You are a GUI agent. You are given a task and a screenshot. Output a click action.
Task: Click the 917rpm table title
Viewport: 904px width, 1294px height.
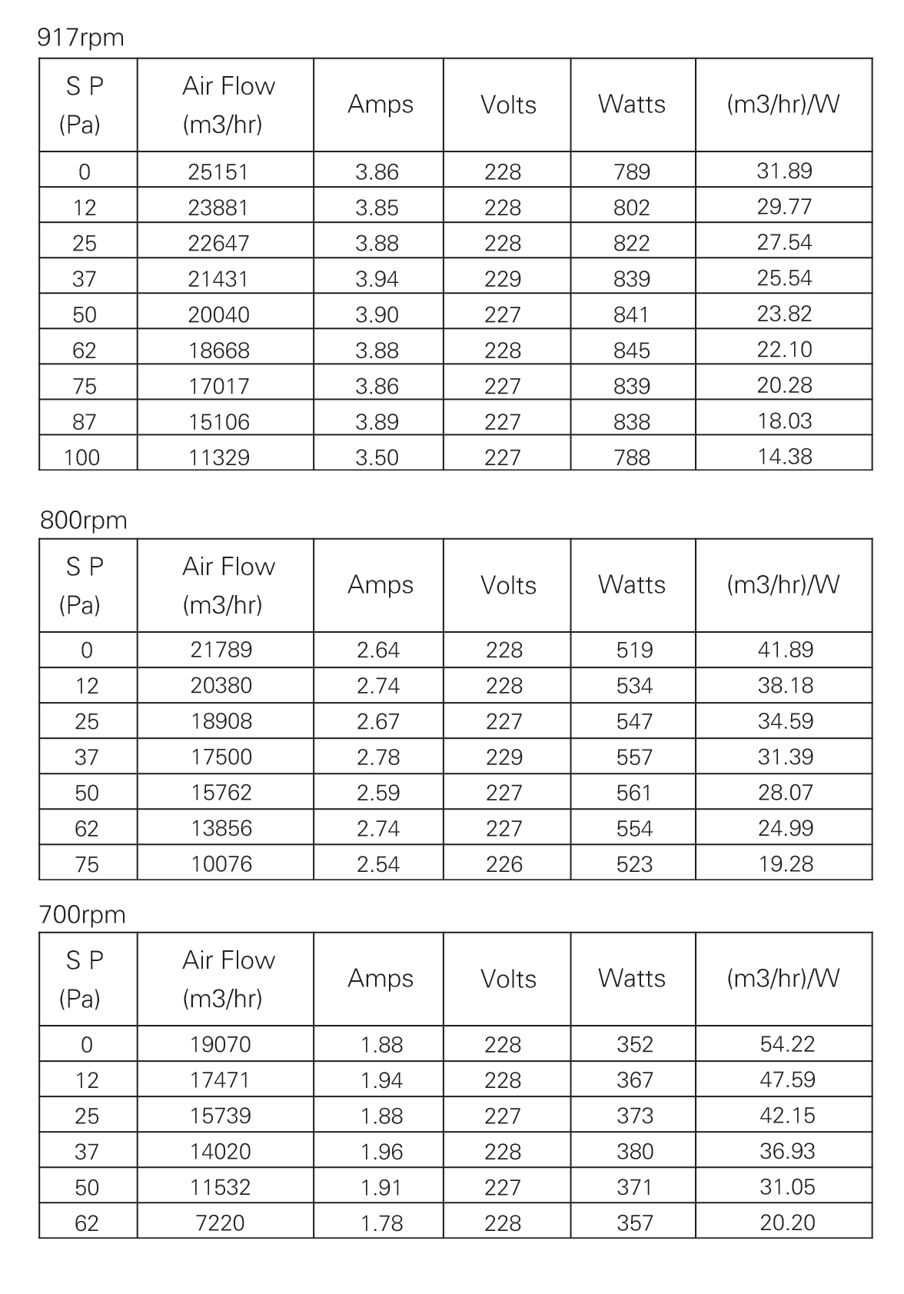click(81, 38)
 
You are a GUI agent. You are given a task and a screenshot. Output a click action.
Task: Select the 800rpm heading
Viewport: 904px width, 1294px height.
click(84, 521)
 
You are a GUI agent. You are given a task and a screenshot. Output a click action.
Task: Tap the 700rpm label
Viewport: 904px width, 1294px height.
click(82, 915)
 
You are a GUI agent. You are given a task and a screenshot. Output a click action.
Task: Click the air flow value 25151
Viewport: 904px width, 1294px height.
click(218, 171)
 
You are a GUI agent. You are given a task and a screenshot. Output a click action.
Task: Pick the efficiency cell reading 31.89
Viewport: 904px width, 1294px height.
click(784, 171)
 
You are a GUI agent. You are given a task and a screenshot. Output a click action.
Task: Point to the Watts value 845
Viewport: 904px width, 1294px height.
click(632, 351)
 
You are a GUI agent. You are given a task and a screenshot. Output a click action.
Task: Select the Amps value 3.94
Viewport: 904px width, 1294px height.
click(377, 279)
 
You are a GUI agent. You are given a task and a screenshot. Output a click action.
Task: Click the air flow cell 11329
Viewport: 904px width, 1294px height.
click(219, 457)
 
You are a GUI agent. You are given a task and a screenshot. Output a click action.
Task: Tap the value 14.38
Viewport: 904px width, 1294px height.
click(784, 457)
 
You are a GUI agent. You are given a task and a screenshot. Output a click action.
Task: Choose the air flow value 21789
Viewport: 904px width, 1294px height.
click(221, 650)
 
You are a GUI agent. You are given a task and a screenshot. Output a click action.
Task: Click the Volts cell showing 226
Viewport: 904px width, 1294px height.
click(504, 864)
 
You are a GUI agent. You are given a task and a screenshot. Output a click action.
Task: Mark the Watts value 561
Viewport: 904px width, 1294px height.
click(634, 793)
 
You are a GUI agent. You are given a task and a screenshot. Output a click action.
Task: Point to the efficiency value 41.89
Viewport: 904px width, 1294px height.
click(786, 650)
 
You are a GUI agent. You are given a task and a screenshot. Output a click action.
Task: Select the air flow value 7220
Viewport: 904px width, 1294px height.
click(221, 1223)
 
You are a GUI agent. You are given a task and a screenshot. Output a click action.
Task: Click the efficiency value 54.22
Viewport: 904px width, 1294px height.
click(787, 1044)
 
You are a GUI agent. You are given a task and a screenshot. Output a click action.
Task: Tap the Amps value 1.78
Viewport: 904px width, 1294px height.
click(381, 1223)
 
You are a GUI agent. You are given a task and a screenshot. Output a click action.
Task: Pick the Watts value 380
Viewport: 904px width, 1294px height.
click(635, 1152)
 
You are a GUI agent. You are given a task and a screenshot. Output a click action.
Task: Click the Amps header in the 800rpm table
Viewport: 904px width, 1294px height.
click(381, 585)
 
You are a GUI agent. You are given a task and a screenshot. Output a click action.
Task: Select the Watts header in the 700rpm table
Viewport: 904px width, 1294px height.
click(632, 979)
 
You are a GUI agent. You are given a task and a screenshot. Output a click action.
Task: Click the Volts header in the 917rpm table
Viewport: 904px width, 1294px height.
click(508, 105)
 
